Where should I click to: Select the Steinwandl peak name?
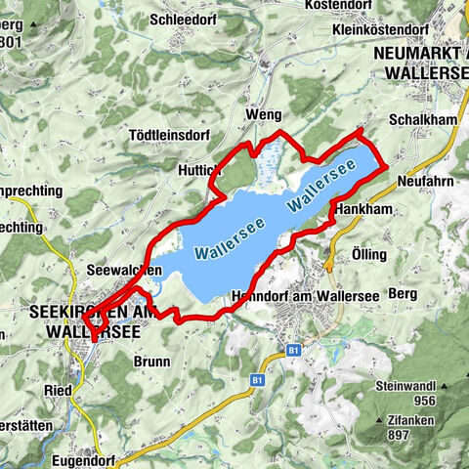(407, 386)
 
